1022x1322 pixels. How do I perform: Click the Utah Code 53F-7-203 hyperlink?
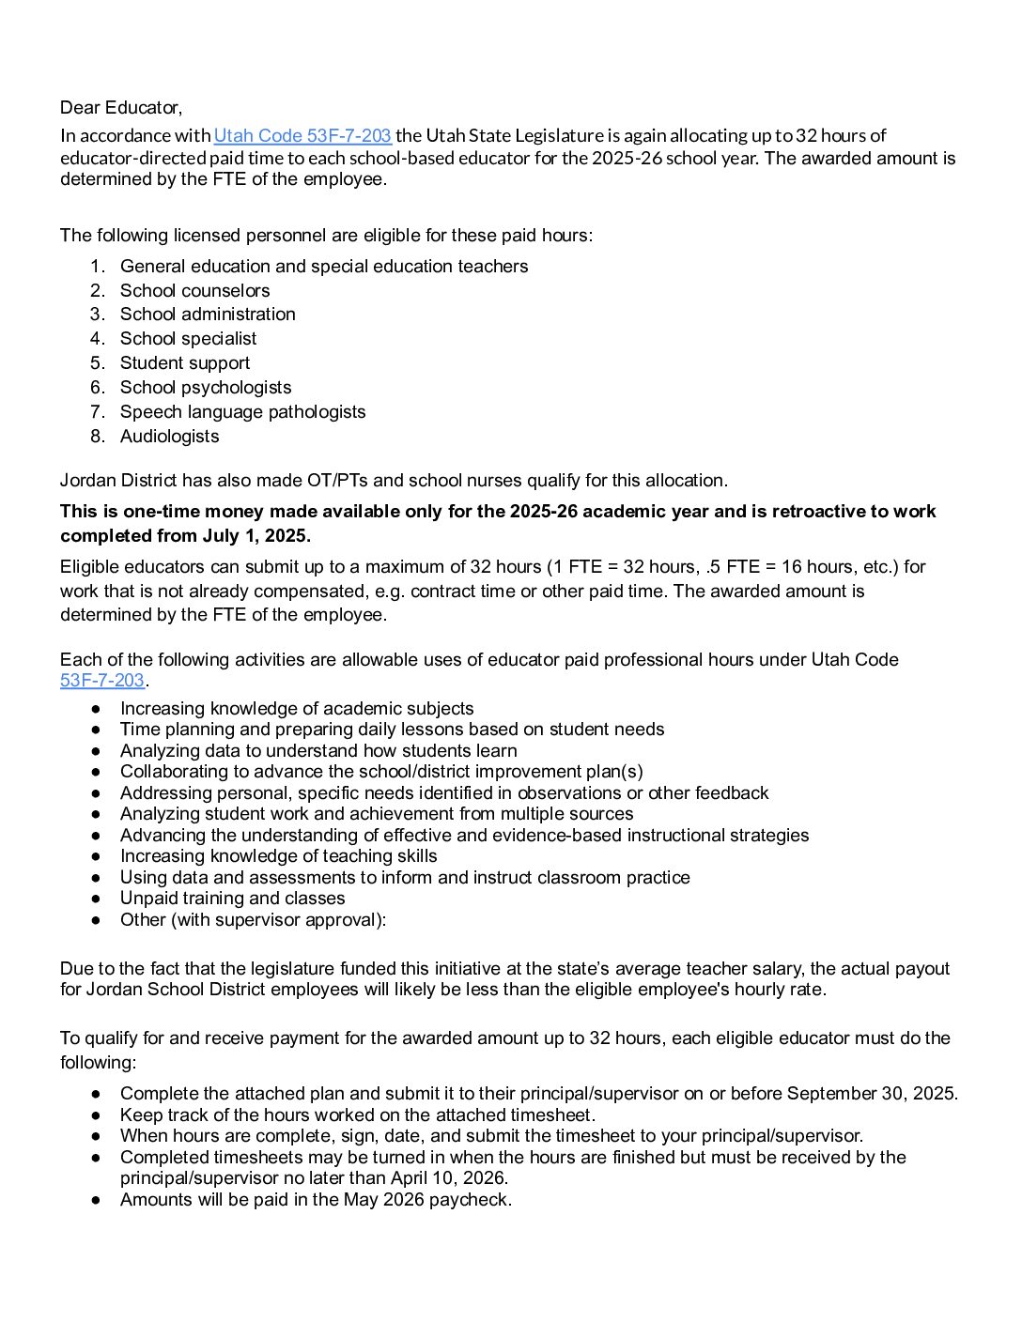tap(302, 136)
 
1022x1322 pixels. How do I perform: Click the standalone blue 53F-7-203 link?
tap(101, 681)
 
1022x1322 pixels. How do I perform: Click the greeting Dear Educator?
tap(121, 108)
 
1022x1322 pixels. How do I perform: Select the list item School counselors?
tap(194, 291)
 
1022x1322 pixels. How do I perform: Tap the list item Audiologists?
tap(169, 437)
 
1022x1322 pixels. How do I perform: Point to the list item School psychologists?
tap(206, 388)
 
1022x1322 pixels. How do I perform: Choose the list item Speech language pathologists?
tap(242, 412)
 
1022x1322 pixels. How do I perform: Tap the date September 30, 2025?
tap(871, 1094)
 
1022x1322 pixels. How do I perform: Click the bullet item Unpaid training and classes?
tap(232, 899)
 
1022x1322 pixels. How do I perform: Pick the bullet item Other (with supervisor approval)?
tap(253, 920)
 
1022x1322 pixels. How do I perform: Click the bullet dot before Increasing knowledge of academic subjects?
tap(96, 709)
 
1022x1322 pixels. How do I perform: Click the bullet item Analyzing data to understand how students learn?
tap(318, 751)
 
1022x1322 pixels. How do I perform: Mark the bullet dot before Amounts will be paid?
tap(96, 1200)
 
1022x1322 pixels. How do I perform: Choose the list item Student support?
tap(185, 363)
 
